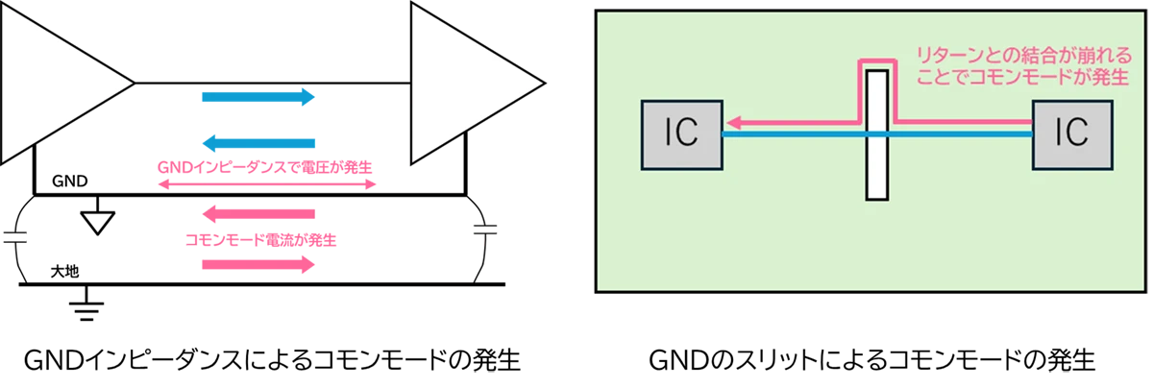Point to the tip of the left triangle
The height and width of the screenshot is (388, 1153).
pos(130,85)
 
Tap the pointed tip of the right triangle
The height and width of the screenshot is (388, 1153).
pos(541,85)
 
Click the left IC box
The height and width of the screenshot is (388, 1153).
pos(681,135)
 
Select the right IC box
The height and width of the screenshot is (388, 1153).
pos(1073,135)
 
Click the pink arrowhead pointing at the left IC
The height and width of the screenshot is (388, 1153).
pos(734,122)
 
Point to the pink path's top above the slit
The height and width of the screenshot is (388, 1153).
pos(876,63)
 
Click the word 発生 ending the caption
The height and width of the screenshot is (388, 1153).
pos(1108,75)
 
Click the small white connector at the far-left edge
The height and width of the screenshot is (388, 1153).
pos(15,236)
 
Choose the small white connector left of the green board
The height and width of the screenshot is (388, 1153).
pos(485,229)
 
